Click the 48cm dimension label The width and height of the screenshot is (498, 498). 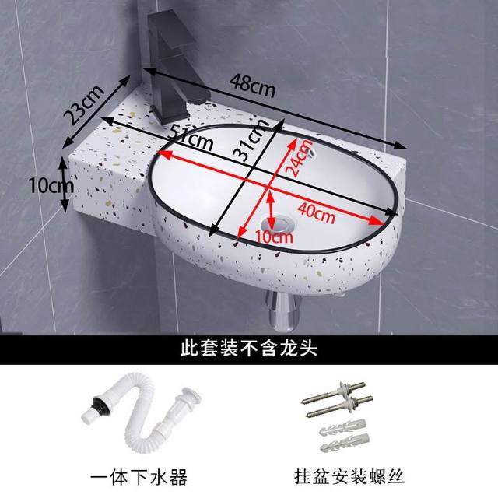click(x=252, y=85)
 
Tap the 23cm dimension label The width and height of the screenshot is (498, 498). click(x=84, y=104)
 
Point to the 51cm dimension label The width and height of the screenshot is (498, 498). click(x=190, y=137)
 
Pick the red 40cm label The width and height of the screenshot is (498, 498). click(x=317, y=213)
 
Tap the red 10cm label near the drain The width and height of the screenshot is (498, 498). click(x=274, y=237)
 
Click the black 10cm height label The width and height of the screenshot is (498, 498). click(x=51, y=185)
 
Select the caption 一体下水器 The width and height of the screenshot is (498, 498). click(x=139, y=478)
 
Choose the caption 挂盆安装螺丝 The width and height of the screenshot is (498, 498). click(x=349, y=477)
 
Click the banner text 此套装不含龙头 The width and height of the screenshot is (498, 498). click(x=249, y=349)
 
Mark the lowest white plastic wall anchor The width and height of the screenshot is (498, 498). click(x=345, y=441)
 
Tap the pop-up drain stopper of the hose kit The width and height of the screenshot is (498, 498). click(x=188, y=395)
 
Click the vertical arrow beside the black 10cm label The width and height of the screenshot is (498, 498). click(x=65, y=185)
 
